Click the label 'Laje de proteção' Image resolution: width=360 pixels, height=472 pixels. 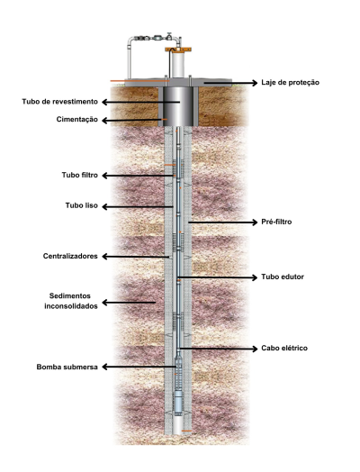(x=290, y=83)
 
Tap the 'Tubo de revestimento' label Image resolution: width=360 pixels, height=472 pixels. (x=59, y=102)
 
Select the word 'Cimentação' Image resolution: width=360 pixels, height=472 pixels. (x=77, y=120)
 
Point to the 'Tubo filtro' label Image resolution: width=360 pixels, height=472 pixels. (x=80, y=175)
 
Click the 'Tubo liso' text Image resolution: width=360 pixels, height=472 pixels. (x=82, y=205)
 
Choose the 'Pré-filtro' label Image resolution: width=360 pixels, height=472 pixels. (x=276, y=222)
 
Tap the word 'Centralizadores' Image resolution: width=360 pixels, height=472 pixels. (x=70, y=256)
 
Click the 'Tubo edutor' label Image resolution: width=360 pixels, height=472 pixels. (x=282, y=277)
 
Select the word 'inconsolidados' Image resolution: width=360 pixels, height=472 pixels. (x=71, y=306)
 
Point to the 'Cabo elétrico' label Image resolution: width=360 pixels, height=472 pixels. (x=284, y=349)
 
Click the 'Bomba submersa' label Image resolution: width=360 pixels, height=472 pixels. (x=67, y=367)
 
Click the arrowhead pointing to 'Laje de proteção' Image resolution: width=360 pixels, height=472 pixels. (x=255, y=83)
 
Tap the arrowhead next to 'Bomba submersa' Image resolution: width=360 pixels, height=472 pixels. (x=104, y=367)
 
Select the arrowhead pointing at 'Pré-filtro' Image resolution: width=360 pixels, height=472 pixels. (x=255, y=222)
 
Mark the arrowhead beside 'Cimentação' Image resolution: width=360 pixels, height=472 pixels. (x=104, y=121)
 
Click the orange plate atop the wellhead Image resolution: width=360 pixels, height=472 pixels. (x=178, y=49)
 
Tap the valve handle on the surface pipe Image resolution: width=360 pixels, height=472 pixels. (x=169, y=33)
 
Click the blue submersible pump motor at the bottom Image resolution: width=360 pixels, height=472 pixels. (x=178, y=403)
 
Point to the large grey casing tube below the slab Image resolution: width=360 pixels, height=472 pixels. (x=178, y=106)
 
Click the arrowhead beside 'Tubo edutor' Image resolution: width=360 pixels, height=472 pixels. (x=255, y=277)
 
